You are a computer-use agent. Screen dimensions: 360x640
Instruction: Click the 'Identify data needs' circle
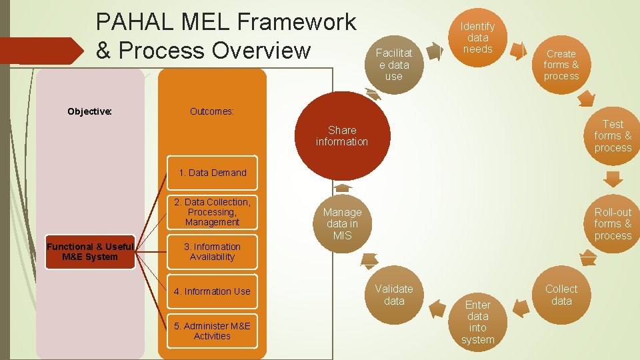tap(477, 38)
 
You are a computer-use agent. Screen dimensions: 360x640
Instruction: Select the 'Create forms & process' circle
tap(561, 65)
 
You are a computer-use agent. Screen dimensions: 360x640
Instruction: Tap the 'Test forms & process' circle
tap(612, 136)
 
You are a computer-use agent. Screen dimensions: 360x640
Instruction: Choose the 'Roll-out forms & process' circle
tap(612, 224)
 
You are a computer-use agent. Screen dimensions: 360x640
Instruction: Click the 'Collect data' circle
tap(561, 295)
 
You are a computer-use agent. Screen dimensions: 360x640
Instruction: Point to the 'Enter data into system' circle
tap(477, 321)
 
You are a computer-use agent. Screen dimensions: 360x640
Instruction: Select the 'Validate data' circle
tap(394, 295)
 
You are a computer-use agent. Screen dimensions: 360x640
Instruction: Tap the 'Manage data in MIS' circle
tap(342, 224)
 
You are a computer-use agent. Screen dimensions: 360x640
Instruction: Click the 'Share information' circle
tap(342, 136)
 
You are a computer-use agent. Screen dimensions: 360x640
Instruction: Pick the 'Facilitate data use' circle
tap(394, 65)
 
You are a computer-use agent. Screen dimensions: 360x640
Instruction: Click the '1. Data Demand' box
tap(212, 173)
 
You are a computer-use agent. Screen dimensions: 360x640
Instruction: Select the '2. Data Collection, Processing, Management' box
tap(212, 212)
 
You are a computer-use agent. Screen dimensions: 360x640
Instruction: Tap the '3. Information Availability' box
tap(212, 251)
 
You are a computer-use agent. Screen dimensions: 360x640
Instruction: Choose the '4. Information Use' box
tap(212, 291)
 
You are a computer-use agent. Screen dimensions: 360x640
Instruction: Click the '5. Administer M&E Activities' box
tap(212, 331)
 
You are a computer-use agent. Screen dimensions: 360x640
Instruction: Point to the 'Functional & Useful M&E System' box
tap(90, 251)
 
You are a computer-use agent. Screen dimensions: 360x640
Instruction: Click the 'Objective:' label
tap(89, 111)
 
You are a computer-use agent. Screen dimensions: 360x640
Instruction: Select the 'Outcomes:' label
tap(212, 111)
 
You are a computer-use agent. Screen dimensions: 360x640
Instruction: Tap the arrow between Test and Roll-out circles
tap(612, 179)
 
